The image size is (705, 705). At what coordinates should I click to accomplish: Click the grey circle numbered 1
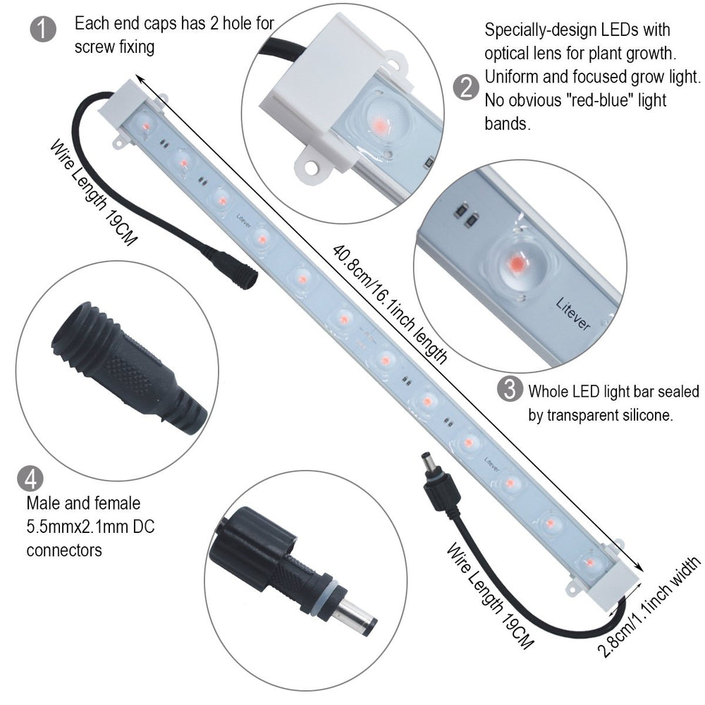click(x=43, y=29)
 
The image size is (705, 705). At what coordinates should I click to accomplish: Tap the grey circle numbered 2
click(x=467, y=87)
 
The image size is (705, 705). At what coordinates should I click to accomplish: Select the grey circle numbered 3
click(x=510, y=389)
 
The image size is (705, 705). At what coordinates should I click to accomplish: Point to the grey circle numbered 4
click(x=30, y=479)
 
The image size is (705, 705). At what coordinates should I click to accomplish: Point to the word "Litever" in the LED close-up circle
click(x=572, y=314)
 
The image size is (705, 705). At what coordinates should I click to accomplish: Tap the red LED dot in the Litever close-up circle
click(x=516, y=262)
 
